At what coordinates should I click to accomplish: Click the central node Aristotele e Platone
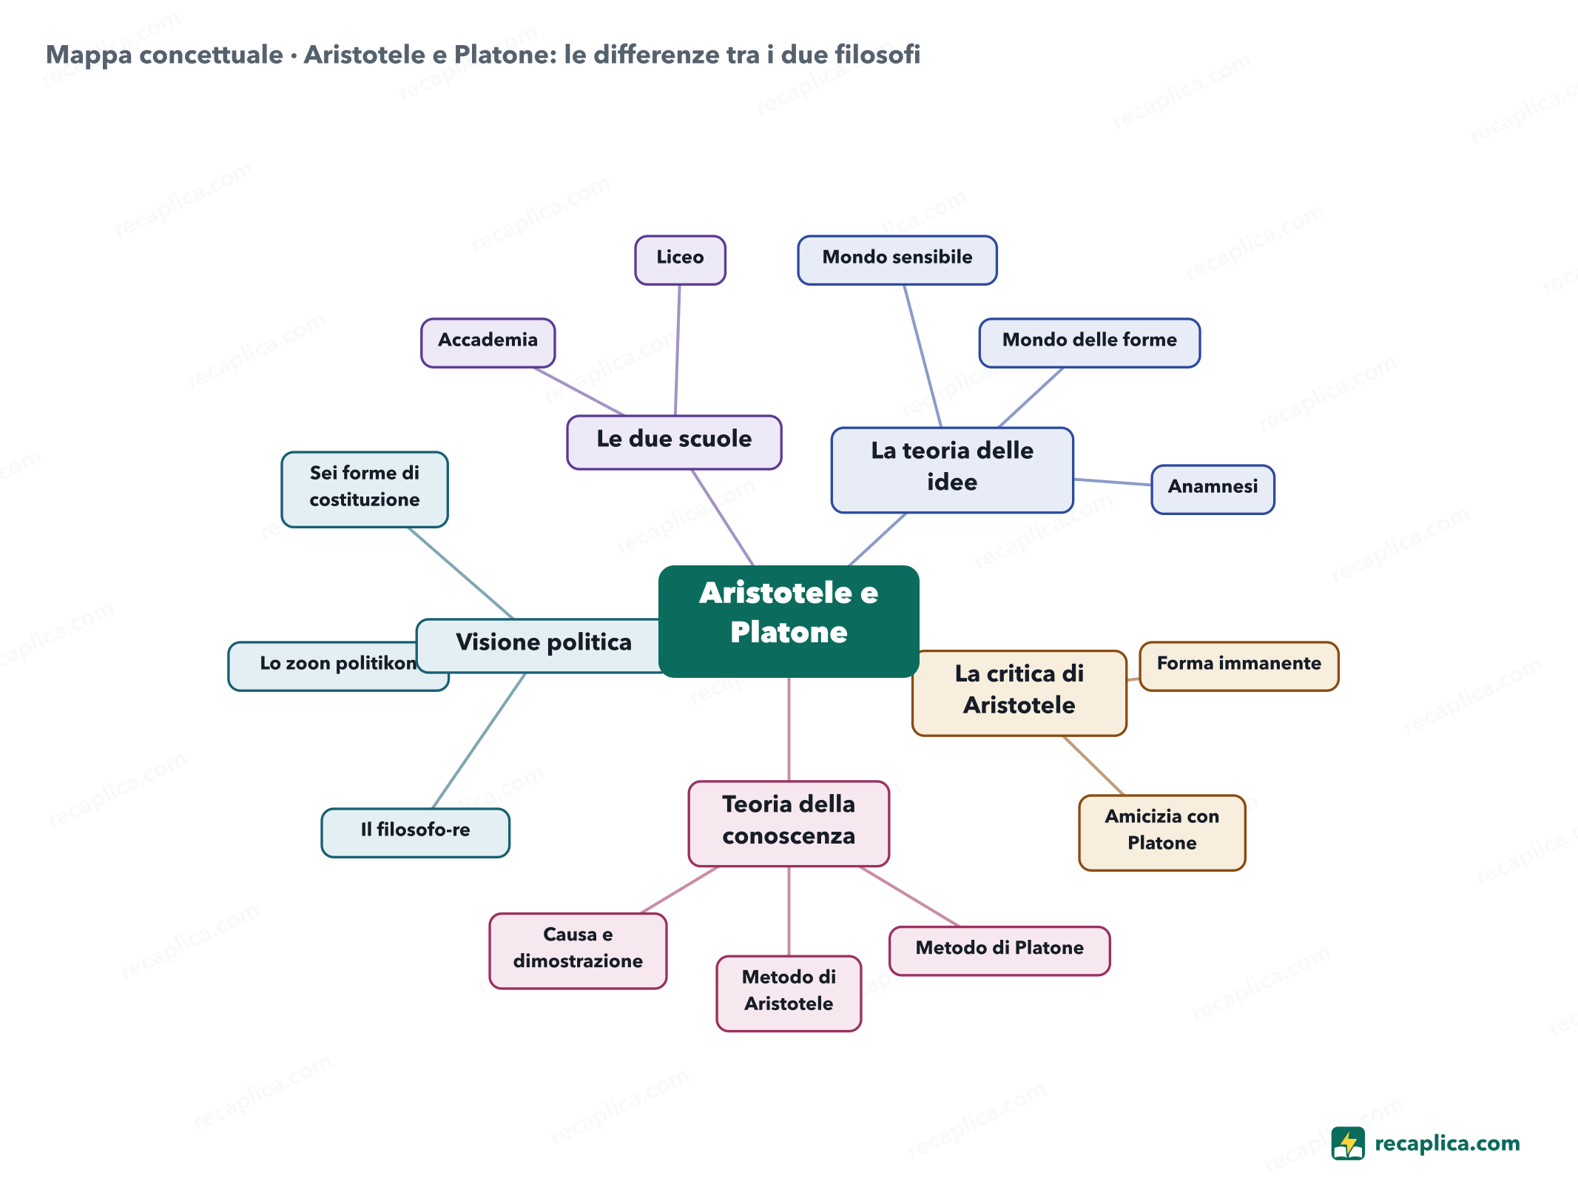tap(789, 621)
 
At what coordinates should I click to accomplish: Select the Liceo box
tap(680, 260)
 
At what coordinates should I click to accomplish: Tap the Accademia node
tap(488, 343)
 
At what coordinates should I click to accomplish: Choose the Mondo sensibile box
tap(897, 260)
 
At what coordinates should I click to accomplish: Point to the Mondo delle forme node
tap(1090, 343)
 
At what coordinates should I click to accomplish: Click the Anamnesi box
tap(1213, 489)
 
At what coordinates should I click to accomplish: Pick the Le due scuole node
tap(674, 442)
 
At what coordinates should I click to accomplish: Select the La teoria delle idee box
tap(952, 469)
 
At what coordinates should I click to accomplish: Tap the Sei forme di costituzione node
tap(365, 489)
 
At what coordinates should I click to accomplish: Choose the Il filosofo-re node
tap(416, 832)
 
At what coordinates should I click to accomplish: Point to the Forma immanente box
tap(1239, 666)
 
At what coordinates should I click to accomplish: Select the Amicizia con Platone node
tap(1162, 832)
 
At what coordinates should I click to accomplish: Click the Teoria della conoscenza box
tap(789, 823)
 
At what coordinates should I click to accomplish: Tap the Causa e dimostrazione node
tap(578, 950)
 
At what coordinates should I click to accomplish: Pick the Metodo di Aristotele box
tap(789, 993)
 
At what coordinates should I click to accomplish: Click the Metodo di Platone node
tap(999, 950)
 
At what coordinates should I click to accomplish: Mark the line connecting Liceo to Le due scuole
tap(678, 350)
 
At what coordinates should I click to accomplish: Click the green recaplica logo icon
tap(1348, 1143)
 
